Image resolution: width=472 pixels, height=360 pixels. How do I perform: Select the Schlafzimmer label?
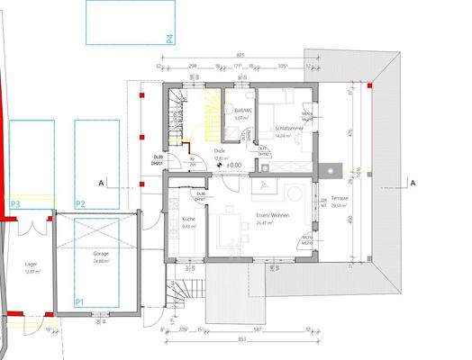click(289, 129)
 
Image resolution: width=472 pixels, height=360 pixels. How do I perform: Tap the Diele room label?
click(219, 152)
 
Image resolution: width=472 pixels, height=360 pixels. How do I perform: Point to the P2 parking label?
click(80, 204)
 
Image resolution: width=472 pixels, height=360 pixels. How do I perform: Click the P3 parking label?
click(14, 204)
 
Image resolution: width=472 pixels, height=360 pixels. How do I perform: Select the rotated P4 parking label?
click(168, 37)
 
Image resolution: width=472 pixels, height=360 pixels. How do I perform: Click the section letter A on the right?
click(413, 183)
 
